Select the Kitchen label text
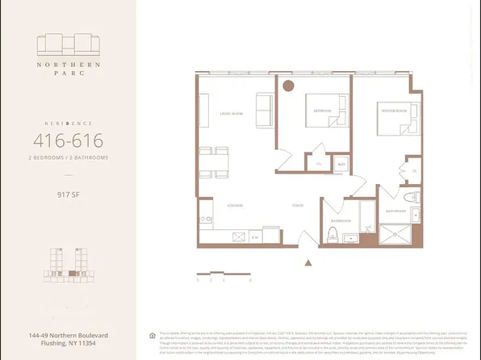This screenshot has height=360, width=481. (236, 206)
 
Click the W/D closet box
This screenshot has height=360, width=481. (341, 164)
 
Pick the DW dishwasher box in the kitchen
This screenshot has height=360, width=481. (254, 237)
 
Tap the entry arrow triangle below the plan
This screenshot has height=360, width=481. (307, 262)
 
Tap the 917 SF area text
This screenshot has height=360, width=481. (66, 193)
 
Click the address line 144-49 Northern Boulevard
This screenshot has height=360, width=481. (66, 335)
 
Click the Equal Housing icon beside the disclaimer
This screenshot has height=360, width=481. (152, 335)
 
